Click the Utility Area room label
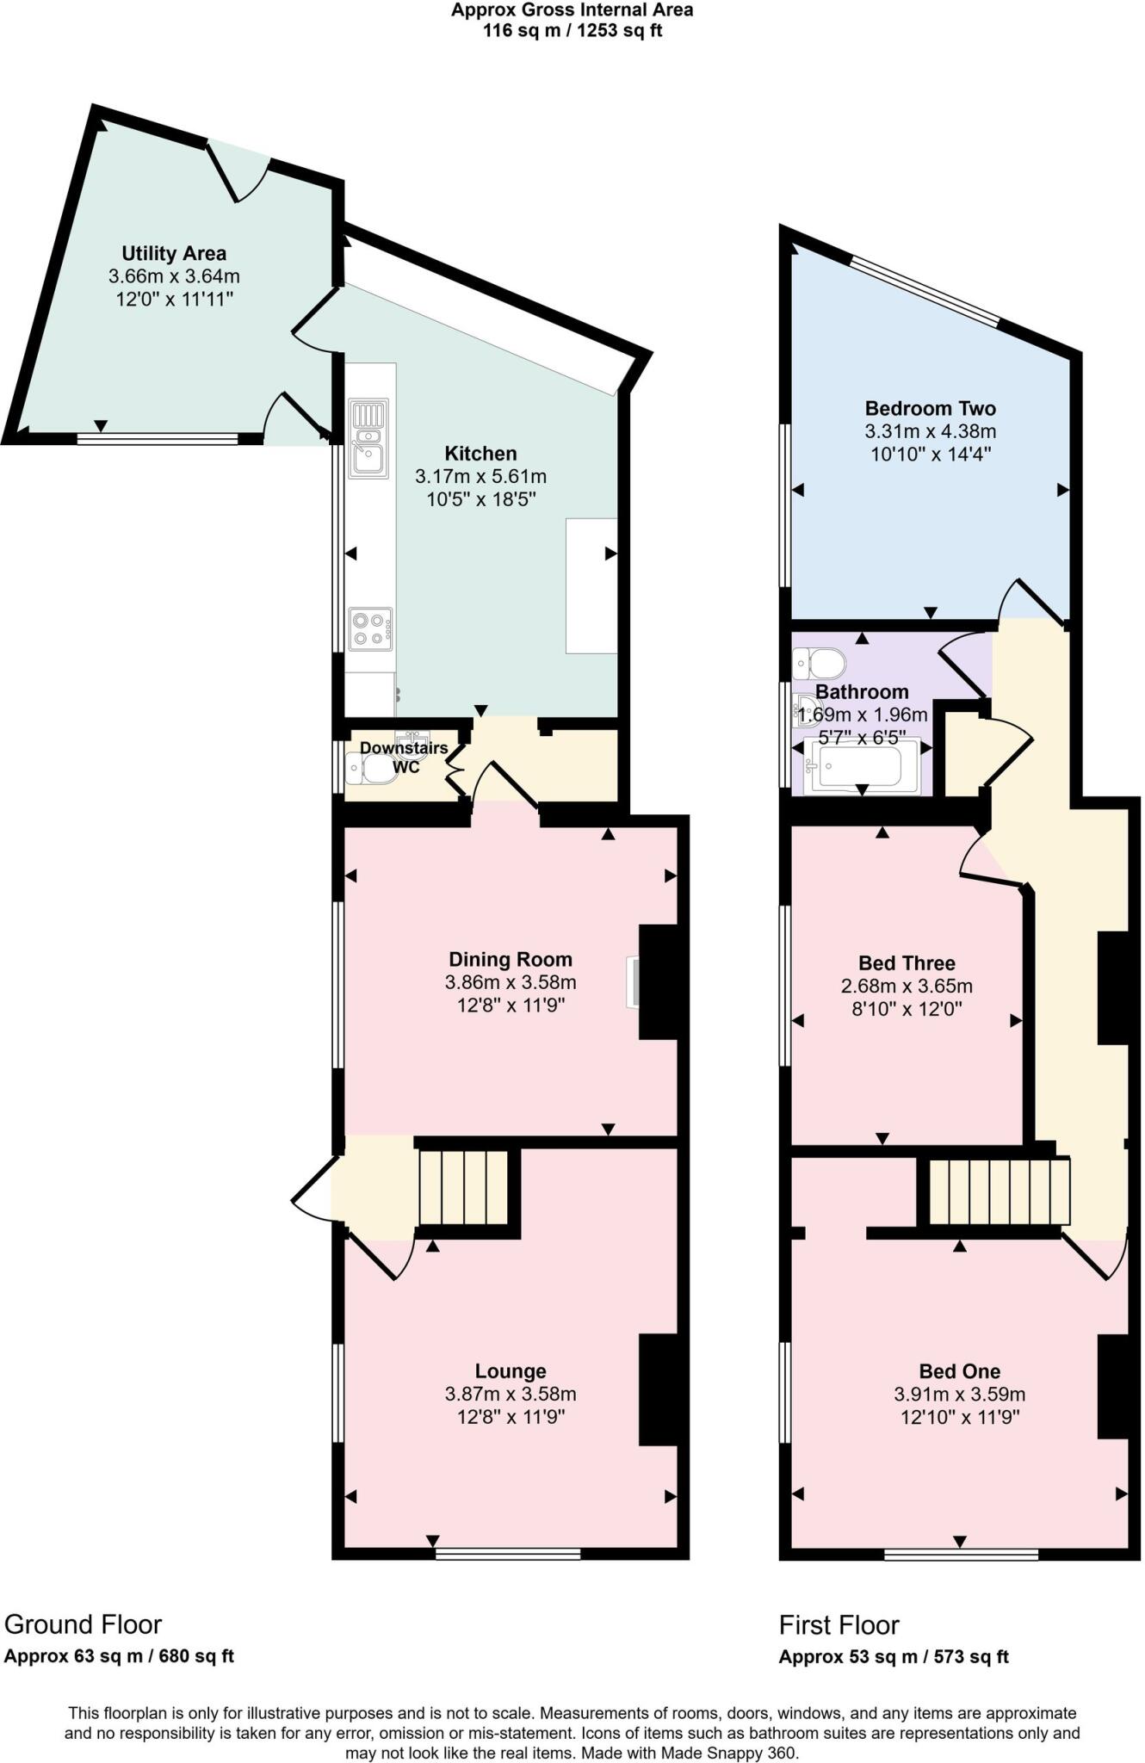click(173, 253)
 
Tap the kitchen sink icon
click(368, 439)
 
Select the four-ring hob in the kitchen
click(370, 628)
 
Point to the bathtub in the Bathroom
click(860, 765)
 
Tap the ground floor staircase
click(464, 1187)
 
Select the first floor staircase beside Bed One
click(999, 1191)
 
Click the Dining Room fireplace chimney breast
click(661, 982)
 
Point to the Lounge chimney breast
click(661, 1389)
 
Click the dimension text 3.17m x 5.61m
click(480, 476)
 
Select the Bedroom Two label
click(930, 408)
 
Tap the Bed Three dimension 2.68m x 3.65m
click(907, 986)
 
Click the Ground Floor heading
click(83, 1624)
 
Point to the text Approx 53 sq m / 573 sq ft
click(894, 1656)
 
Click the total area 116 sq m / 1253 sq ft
click(572, 31)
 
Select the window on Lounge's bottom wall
click(507, 1553)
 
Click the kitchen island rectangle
click(591, 585)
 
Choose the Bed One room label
click(959, 1370)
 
